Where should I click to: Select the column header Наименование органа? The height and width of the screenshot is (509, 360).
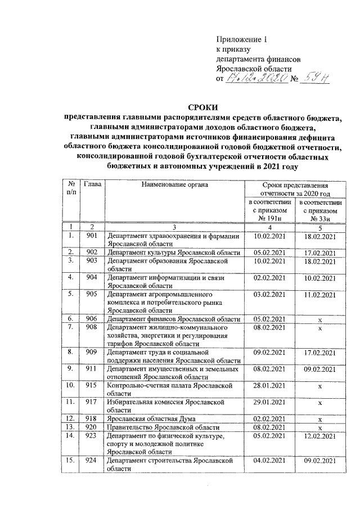[x=174, y=184]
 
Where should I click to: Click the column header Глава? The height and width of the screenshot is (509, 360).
[x=92, y=184]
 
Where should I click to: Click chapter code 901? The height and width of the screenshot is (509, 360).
[x=92, y=236]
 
